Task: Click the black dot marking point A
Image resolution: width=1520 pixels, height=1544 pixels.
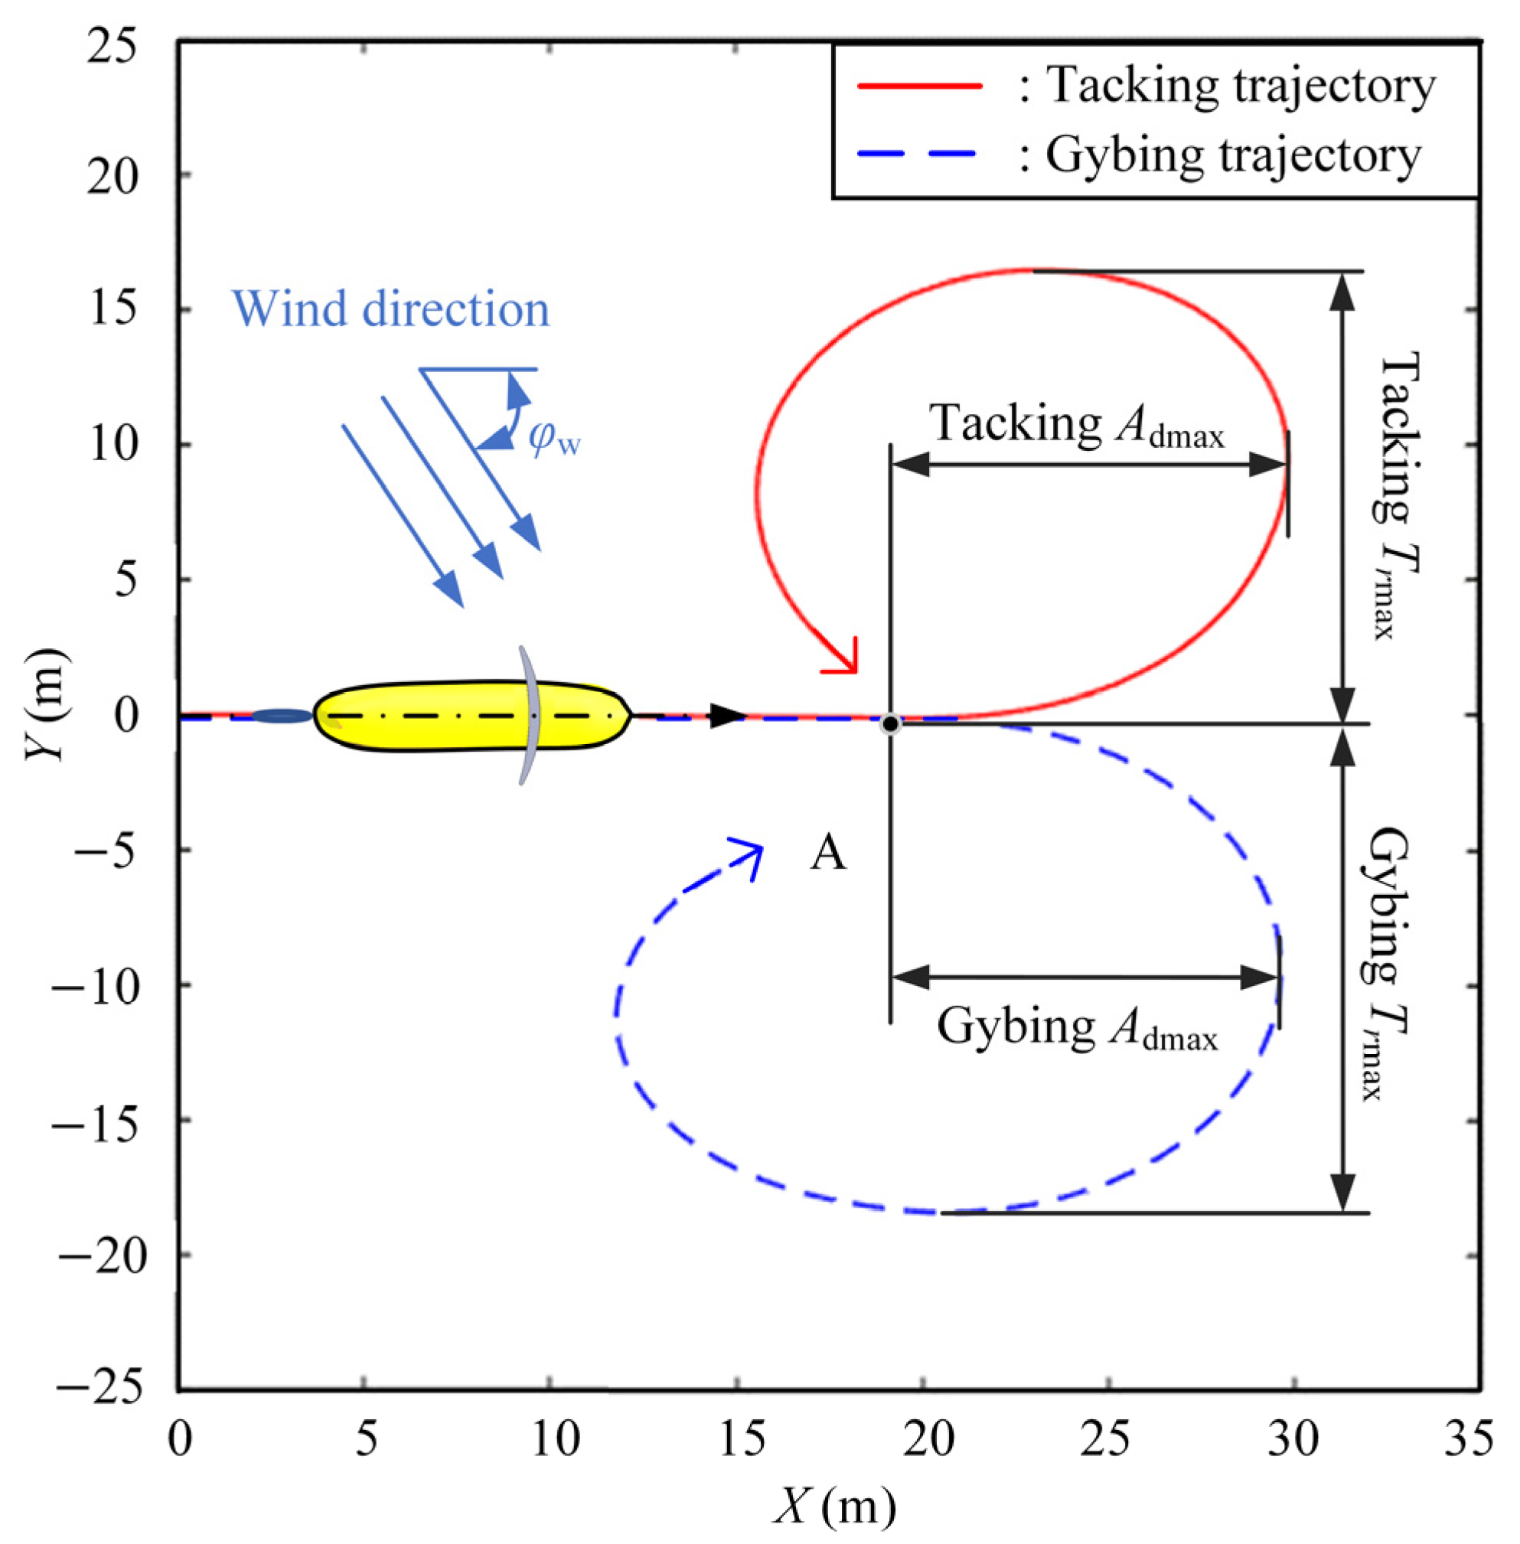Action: pyautogui.click(x=889, y=725)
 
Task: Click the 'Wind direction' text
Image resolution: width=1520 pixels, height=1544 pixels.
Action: pyautogui.click(x=390, y=310)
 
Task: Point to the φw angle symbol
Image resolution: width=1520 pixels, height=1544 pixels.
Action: pyautogui.click(x=554, y=439)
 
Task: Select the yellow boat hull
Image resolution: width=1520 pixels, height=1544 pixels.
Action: pyautogui.click(x=471, y=716)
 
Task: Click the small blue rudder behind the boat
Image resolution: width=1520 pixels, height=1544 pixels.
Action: pyautogui.click(x=281, y=716)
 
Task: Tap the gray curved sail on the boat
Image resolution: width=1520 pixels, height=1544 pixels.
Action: pyautogui.click(x=529, y=715)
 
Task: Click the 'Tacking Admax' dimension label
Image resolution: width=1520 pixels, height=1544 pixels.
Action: pyautogui.click(x=1077, y=424)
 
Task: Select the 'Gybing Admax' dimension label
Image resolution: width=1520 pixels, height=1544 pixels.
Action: pyautogui.click(x=1077, y=1027)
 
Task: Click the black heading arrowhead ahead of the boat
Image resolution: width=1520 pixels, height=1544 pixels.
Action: pyautogui.click(x=726, y=715)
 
